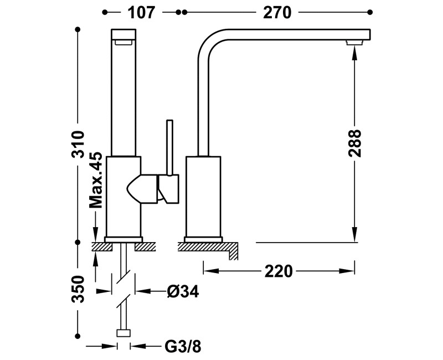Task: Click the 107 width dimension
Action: (141, 12)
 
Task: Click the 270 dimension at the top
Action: (277, 12)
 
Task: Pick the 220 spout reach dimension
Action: (279, 271)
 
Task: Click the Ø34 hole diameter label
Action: (183, 291)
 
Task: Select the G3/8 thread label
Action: (183, 347)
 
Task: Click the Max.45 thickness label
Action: (95, 181)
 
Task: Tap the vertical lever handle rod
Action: (169, 148)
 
